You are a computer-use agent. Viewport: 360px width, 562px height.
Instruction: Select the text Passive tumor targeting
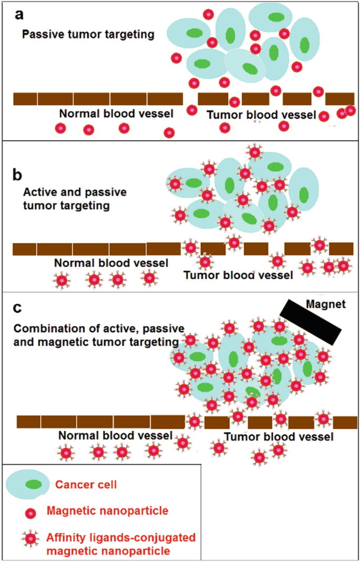[88, 35]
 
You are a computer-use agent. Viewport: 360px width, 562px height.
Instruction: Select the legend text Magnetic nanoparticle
[103, 510]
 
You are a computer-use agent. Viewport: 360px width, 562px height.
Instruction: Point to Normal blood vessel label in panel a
[115, 114]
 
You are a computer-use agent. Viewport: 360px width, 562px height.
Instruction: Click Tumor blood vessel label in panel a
[261, 115]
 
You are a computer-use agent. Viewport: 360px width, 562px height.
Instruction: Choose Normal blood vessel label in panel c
[115, 436]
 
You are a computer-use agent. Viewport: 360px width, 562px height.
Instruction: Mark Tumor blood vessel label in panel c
[279, 437]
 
